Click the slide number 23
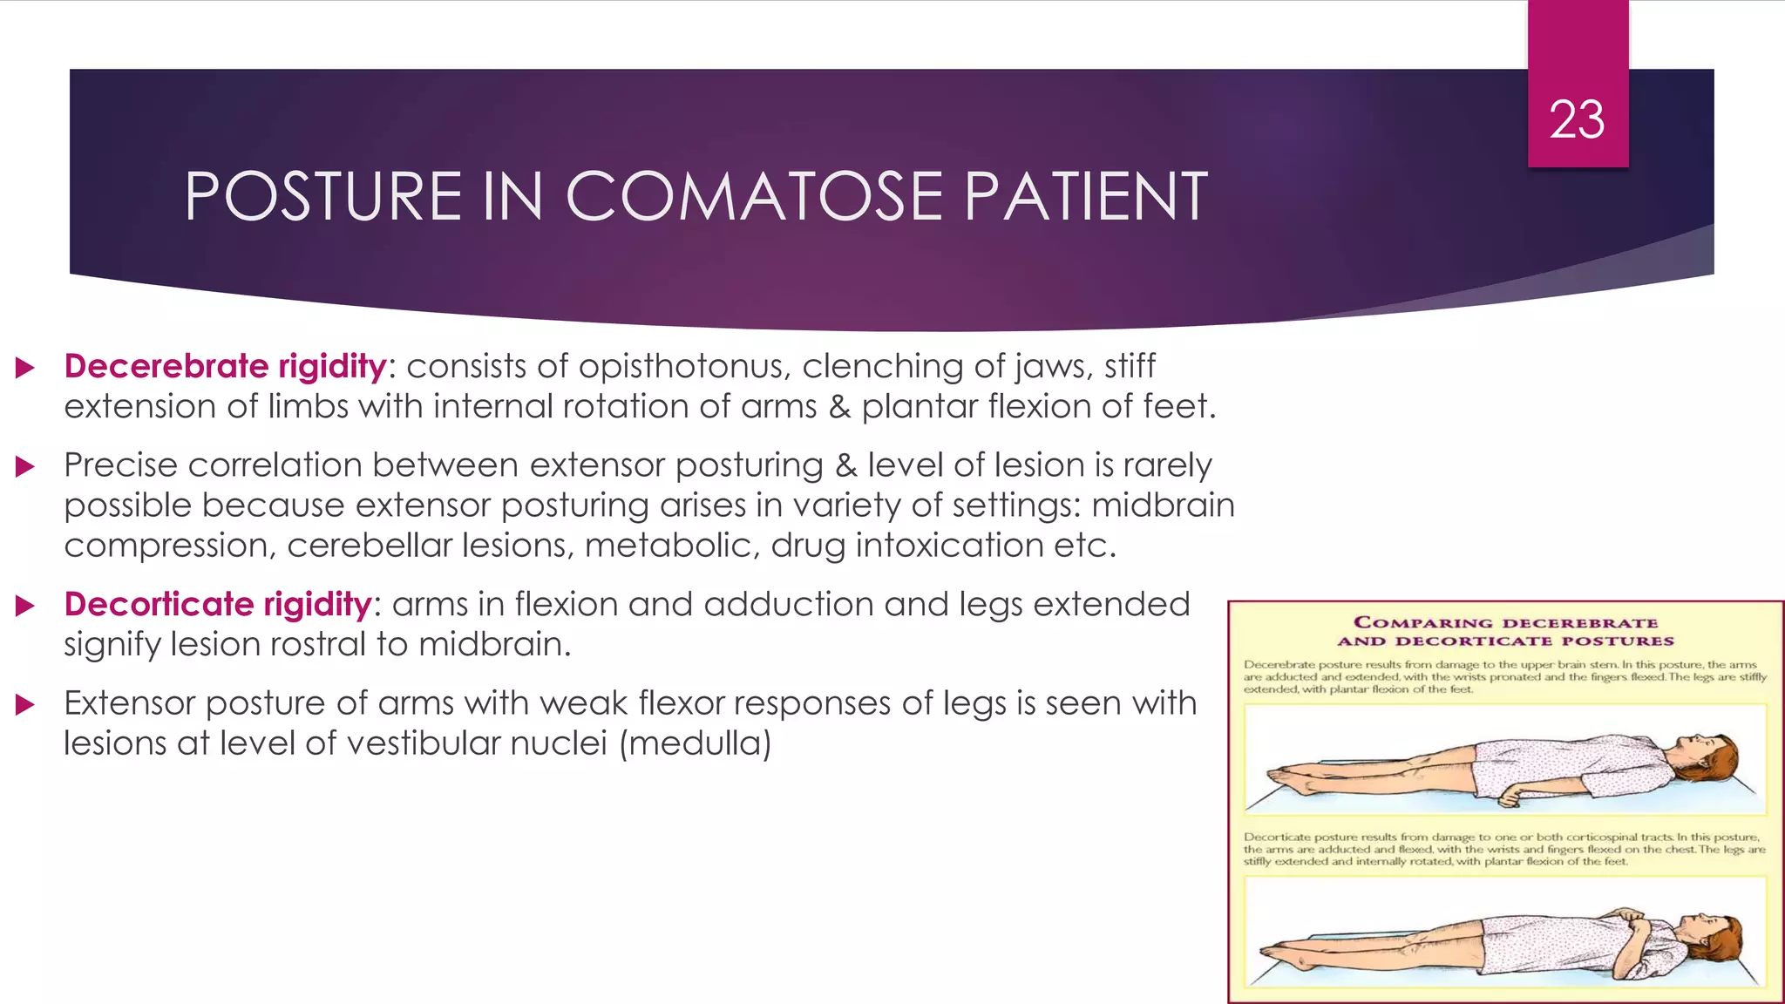[1577, 119]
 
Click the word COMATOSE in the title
[755, 196]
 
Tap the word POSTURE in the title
[322, 196]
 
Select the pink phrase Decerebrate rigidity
[225, 366]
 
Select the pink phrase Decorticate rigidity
[218, 604]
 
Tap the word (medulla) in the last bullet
[695, 743]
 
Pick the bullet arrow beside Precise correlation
[25, 466]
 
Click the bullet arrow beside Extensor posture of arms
[25, 704]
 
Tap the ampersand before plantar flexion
[838, 407]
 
